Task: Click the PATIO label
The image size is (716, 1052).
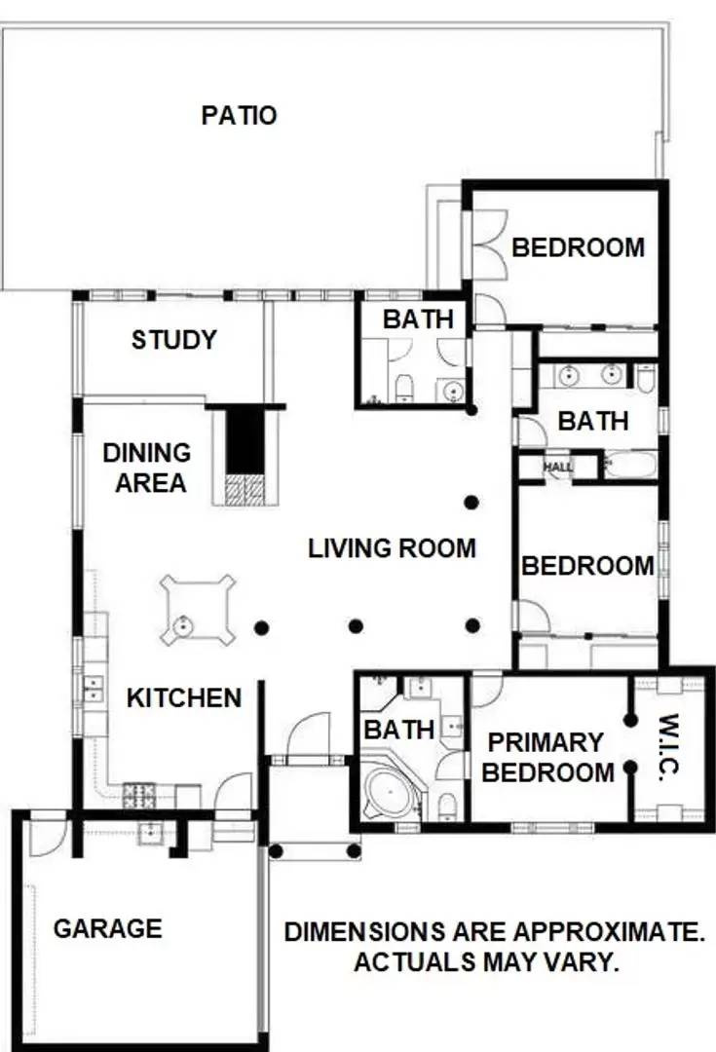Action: (239, 115)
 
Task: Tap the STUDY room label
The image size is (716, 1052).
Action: (174, 340)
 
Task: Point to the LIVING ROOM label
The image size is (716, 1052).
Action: (392, 547)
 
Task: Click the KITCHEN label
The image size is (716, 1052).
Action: (184, 697)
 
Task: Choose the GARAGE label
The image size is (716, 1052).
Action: (107, 928)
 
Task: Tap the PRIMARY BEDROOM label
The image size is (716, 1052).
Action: (547, 757)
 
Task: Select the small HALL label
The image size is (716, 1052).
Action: (558, 468)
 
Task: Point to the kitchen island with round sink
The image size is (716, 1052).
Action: (199, 610)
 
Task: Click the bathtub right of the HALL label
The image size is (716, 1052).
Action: (629, 466)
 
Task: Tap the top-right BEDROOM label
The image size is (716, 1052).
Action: (578, 247)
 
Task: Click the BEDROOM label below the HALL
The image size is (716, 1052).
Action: (587, 565)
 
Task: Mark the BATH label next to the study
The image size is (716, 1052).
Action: (417, 319)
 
